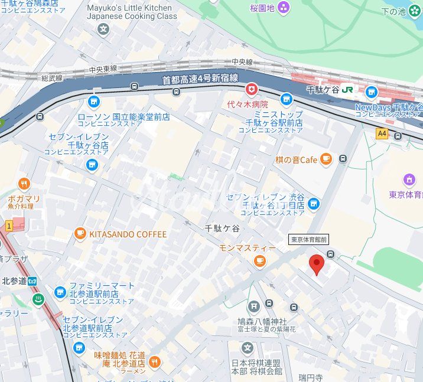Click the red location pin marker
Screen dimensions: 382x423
click(317, 265)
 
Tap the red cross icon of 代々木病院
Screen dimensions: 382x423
click(253, 89)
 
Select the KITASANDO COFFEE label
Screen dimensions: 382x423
click(128, 234)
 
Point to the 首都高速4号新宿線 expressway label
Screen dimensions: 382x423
click(200, 79)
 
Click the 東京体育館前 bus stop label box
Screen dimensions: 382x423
click(308, 239)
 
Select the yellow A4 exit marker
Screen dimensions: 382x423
click(382, 133)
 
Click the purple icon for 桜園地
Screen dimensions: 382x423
click(284, 8)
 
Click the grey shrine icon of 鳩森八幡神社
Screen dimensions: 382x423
click(253, 306)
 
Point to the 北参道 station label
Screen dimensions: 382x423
click(14, 280)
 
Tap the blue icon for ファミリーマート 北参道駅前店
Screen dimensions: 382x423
click(60, 292)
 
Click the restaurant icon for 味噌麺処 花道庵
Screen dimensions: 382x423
click(154, 361)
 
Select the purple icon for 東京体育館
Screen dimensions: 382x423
click(409, 179)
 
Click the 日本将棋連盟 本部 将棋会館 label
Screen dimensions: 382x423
click(256, 367)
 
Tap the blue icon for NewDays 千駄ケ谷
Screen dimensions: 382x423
click(371, 92)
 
